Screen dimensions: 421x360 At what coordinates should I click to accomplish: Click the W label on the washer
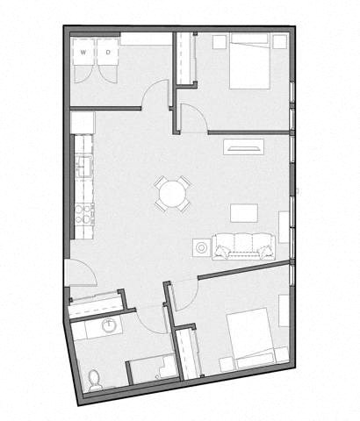point(83,53)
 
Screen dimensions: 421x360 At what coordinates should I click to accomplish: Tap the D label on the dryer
point(108,53)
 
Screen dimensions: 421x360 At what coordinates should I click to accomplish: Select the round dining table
point(173,193)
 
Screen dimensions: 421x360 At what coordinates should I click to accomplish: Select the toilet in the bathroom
point(95,378)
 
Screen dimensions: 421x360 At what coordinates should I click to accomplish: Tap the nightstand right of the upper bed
point(279,41)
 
